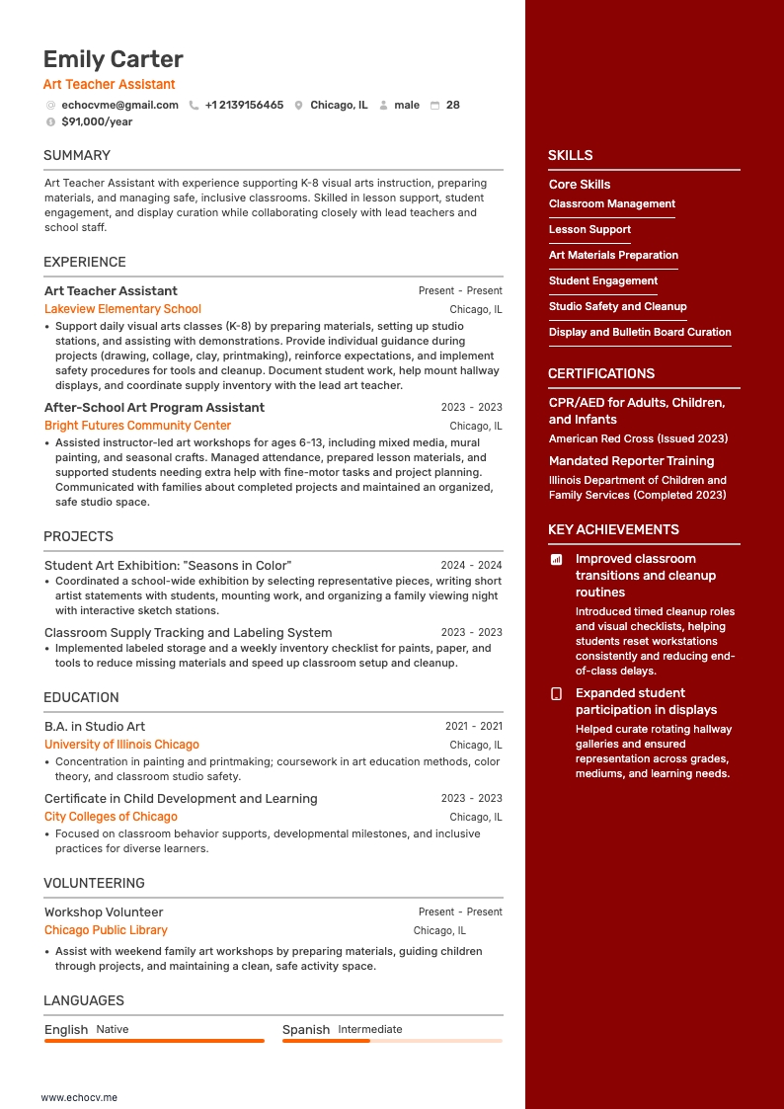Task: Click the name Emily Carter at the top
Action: tap(114, 59)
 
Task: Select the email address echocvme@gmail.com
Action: tap(119, 105)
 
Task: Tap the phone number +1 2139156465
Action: tap(244, 105)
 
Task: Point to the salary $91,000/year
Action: tap(97, 121)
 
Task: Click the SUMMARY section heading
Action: tap(77, 155)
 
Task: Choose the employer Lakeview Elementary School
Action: tap(122, 309)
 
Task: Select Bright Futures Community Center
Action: tap(137, 426)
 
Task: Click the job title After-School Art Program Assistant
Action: tap(154, 407)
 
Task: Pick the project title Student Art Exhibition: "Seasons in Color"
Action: tap(168, 565)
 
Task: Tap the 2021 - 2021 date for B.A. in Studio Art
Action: tap(473, 726)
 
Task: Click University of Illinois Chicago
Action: tap(121, 745)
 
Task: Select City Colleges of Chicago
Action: tap(111, 817)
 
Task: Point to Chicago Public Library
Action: tap(106, 930)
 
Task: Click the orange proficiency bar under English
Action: tap(154, 1040)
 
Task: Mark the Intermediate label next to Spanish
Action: tap(370, 1029)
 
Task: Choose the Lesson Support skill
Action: tap(589, 229)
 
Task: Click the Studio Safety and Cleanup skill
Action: tap(617, 306)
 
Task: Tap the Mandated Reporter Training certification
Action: tap(631, 460)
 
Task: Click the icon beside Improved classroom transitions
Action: tap(556, 559)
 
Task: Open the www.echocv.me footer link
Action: tap(79, 1096)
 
